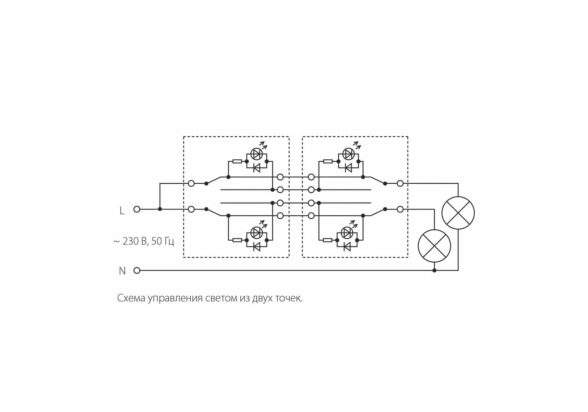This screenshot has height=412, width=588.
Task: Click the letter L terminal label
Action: (x=122, y=210)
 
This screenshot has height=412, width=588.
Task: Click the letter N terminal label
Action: (x=122, y=271)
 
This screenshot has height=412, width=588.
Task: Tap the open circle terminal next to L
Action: (x=137, y=209)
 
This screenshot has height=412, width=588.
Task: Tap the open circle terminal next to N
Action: (x=137, y=270)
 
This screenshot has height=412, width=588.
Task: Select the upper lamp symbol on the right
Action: (x=458, y=213)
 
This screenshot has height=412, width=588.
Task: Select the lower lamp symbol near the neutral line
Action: (x=434, y=246)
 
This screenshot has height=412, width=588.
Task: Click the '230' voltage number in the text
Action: (x=131, y=241)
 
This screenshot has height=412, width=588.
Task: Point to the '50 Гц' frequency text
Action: (x=163, y=241)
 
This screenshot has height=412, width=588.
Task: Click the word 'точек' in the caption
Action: (x=289, y=298)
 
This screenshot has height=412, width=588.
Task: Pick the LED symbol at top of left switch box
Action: (x=257, y=154)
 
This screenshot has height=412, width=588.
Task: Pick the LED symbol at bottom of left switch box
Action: (x=256, y=233)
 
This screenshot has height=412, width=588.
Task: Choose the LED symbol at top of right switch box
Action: (x=349, y=154)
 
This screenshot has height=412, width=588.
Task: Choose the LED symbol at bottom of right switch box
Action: (x=347, y=233)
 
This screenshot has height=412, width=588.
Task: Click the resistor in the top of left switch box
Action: (x=237, y=161)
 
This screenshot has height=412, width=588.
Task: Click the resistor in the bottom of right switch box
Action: (x=328, y=240)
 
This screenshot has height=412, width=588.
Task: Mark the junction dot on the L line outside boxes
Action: (x=160, y=209)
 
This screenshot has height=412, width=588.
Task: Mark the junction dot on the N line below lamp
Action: (x=434, y=271)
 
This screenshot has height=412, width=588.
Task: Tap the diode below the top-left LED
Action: (x=256, y=168)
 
